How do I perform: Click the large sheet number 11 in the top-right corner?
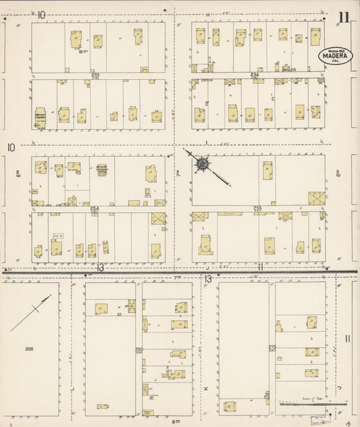coord(344,18)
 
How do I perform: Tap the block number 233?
coord(95,75)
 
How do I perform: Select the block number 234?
coord(255,74)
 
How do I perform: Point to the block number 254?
coord(95,208)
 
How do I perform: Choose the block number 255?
coord(257,208)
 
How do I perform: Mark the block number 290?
coord(139,349)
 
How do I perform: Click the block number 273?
coord(272,348)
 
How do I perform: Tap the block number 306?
coord(28,349)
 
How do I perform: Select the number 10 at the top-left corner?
coord(42,14)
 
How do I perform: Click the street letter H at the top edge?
coord(209,14)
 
